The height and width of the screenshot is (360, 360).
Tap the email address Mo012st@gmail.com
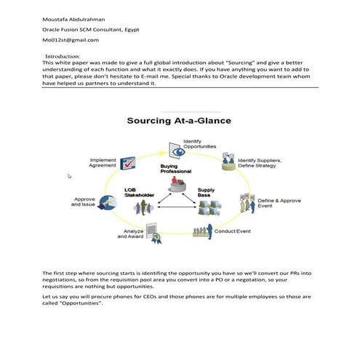pos(71,40)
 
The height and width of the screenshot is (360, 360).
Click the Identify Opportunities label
pos(199,143)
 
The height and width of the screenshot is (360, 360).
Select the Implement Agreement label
pos(103,163)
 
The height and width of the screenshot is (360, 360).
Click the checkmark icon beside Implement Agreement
pos(128,164)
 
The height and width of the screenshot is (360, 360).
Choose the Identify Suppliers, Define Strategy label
pos(260,162)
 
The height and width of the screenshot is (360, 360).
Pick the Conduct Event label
pos(232,231)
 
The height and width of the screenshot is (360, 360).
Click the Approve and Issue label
pos(84,201)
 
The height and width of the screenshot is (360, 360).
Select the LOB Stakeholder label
pos(136,193)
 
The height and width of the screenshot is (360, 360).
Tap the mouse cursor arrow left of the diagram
pos(70,176)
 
